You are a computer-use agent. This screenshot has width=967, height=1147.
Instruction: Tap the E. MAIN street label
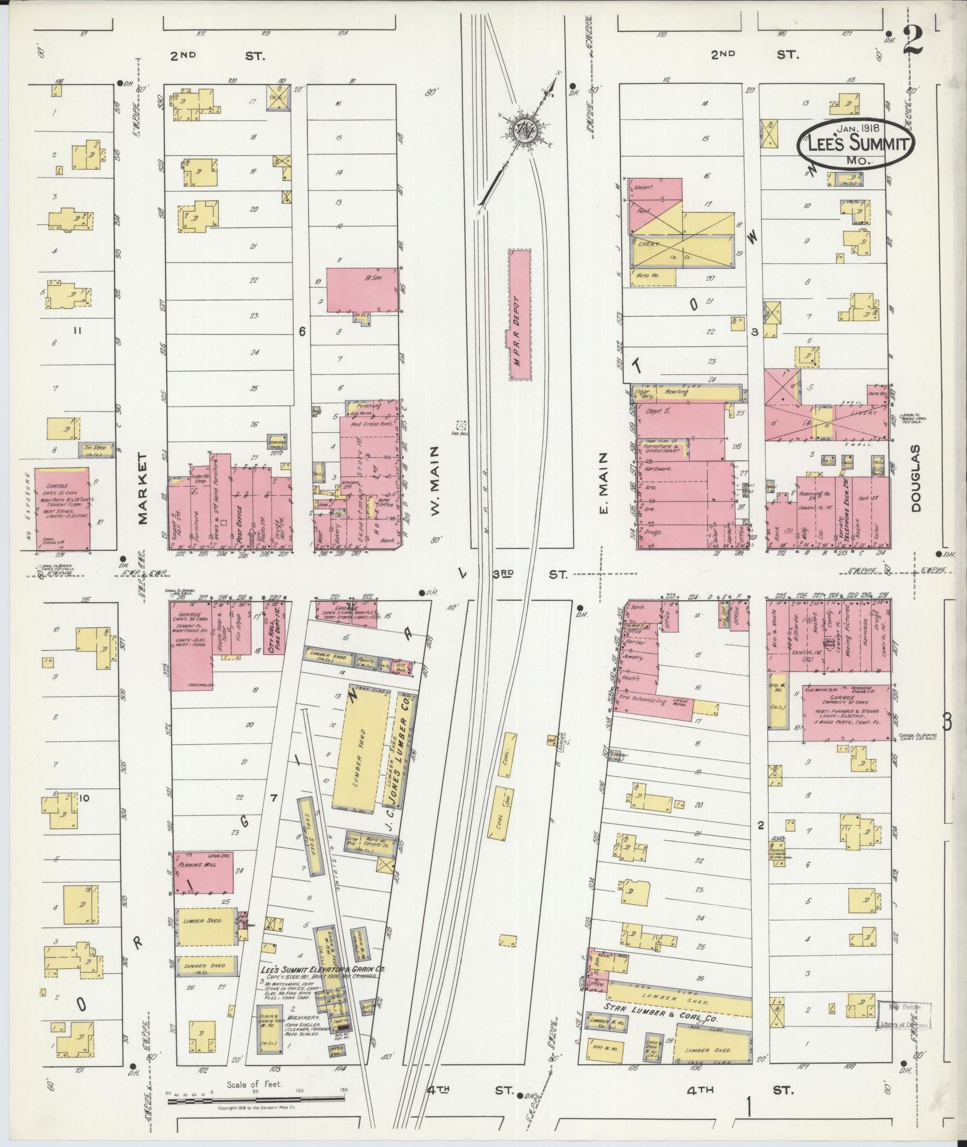pyautogui.click(x=603, y=483)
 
